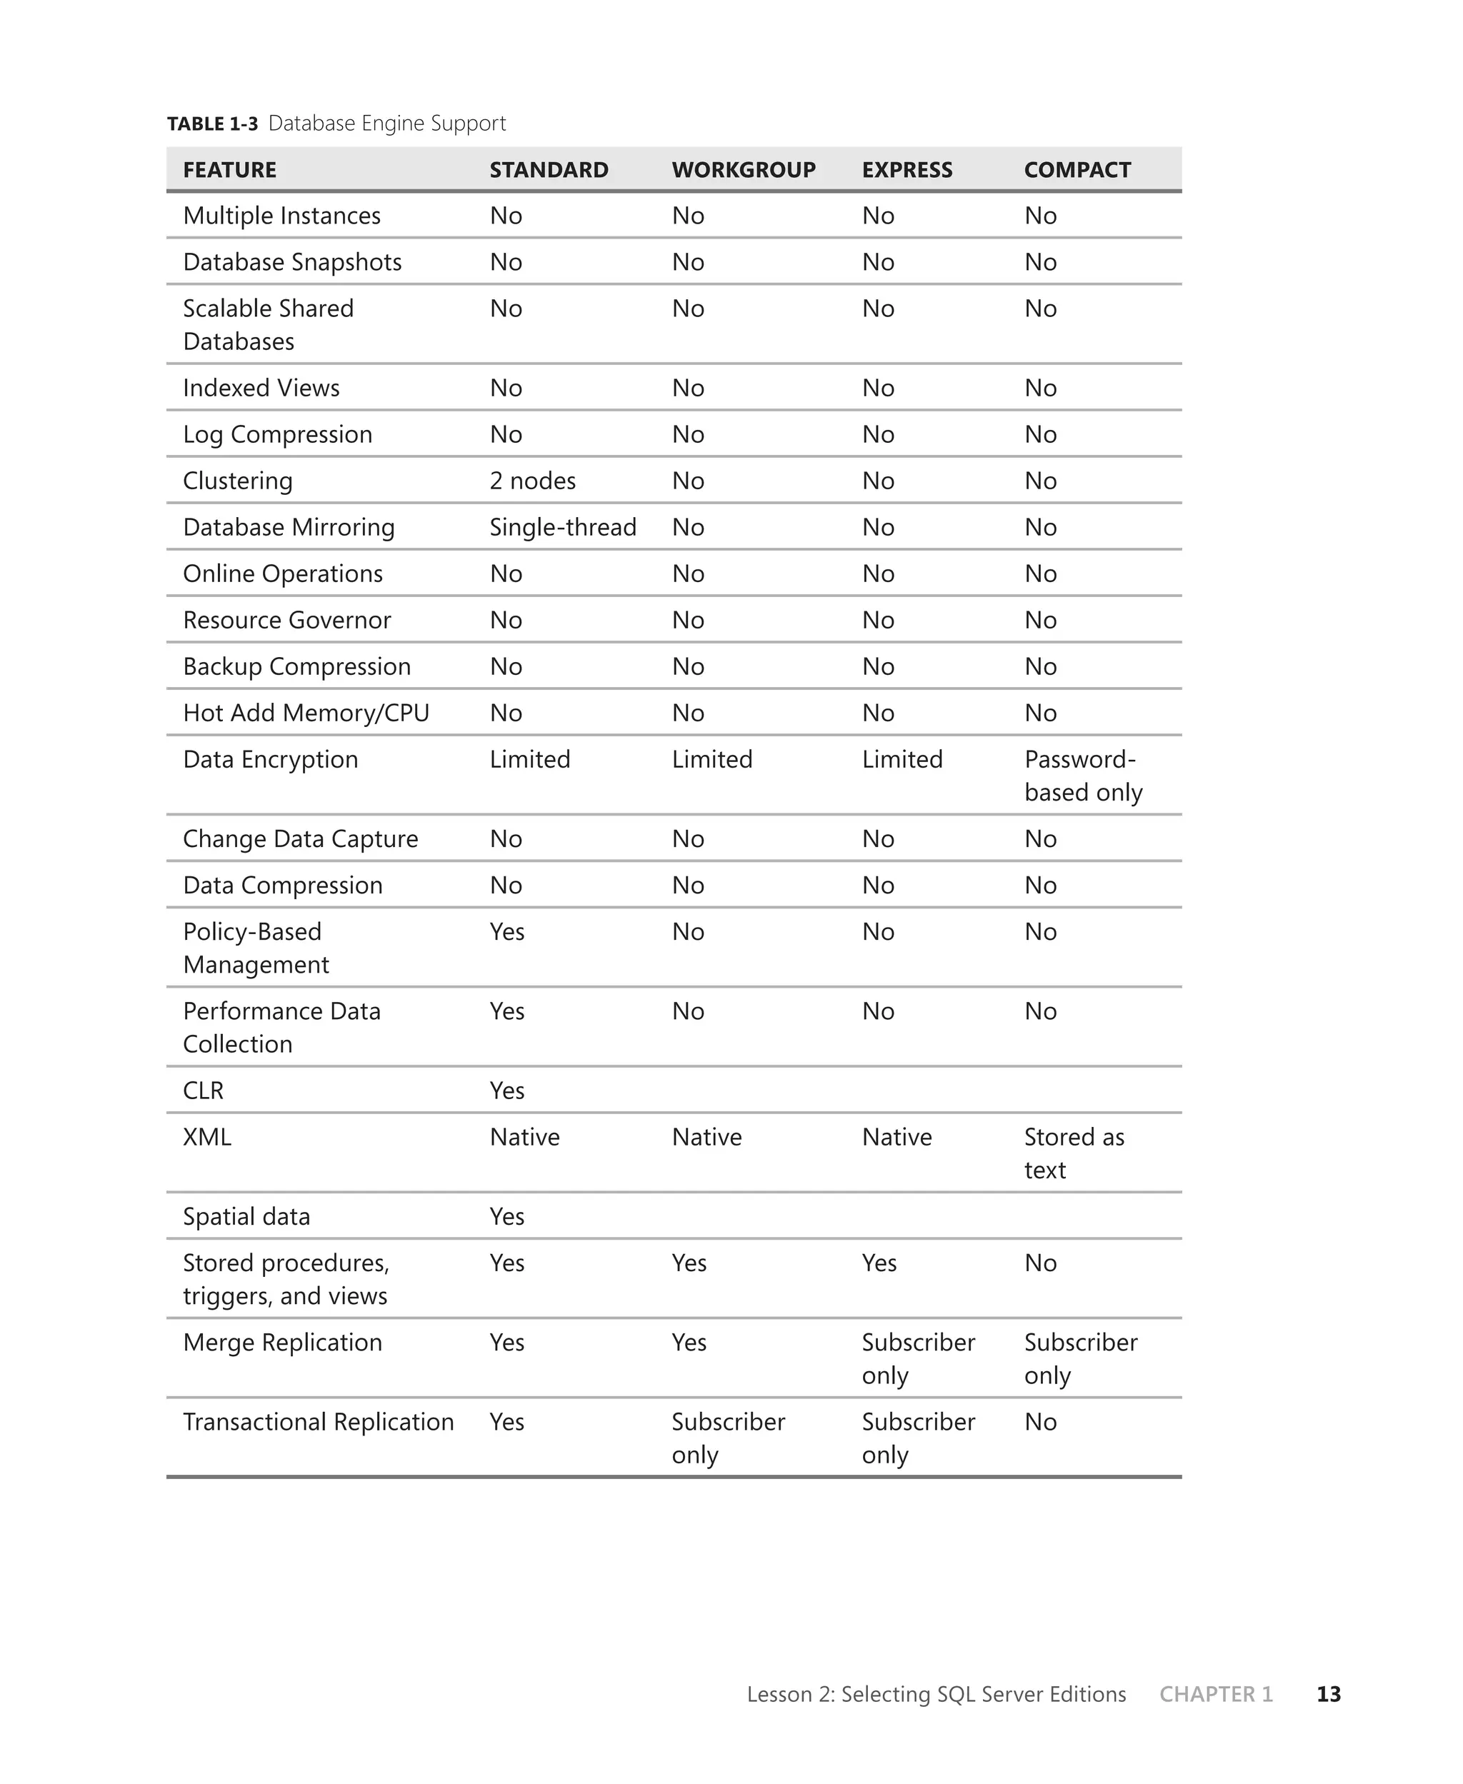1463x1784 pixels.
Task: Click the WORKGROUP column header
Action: tap(744, 170)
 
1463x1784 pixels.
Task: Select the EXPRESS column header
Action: tap(907, 170)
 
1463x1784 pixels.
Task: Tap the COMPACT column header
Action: tap(1077, 170)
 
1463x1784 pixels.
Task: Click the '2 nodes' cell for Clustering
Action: tap(533, 481)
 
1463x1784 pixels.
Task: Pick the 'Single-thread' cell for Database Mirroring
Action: tap(563, 527)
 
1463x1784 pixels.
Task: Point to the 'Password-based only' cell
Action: tap(1083, 776)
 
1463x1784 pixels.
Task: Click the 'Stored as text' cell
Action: tap(1074, 1153)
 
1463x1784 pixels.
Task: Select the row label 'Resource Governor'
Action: tap(286, 620)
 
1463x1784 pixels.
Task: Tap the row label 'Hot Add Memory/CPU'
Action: tap(306, 713)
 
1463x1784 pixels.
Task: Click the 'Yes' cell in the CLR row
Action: tap(506, 1091)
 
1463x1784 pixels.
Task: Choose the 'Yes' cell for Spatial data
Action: tap(506, 1216)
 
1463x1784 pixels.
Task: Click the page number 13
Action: tap(1328, 1694)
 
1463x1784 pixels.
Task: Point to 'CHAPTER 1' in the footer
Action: tap(1215, 1694)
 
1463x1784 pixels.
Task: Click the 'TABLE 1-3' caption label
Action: tap(212, 124)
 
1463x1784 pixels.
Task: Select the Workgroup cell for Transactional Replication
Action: tap(728, 1438)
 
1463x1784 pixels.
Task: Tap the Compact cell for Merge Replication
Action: tap(1080, 1358)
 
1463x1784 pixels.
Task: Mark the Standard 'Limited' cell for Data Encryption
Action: tap(530, 760)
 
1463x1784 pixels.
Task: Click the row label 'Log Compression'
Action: tap(277, 435)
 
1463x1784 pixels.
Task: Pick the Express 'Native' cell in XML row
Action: tap(897, 1137)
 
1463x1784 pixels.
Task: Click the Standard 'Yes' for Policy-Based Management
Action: tap(506, 931)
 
